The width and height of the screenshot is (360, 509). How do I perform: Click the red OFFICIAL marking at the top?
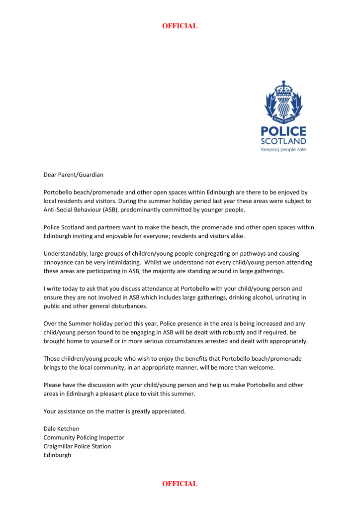pos(180,26)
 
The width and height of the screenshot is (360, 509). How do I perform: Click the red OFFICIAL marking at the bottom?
pos(180,484)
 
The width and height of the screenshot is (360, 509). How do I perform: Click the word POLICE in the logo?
pos(283,131)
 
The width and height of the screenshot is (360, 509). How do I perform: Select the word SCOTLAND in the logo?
pos(283,141)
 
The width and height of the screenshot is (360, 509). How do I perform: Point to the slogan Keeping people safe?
pos(283,149)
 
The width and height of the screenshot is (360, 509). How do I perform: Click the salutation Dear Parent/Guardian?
pos(73,175)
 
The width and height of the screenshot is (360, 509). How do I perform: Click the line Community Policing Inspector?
pos(84,437)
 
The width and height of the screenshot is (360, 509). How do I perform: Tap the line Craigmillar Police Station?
pos(77,446)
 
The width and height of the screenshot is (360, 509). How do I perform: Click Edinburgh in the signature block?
pos(57,455)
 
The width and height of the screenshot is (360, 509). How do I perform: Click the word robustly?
pos(234,332)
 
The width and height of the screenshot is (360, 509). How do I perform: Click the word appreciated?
pos(167,411)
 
